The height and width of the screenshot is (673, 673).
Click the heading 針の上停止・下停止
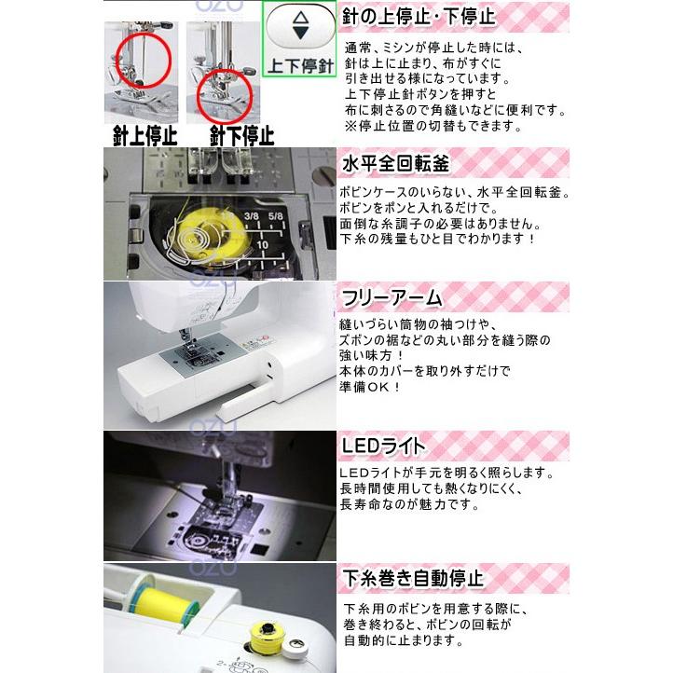[x=419, y=17]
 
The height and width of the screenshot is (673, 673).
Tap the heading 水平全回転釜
[x=395, y=163]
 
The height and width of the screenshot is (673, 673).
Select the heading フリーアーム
[x=391, y=297]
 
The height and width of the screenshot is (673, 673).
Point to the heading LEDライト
[x=383, y=446]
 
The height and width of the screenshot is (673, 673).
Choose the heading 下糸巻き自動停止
[x=413, y=578]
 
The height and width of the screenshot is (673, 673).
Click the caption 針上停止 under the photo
[x=144, y=136]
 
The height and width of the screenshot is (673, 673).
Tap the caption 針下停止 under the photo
[x=241, y=136]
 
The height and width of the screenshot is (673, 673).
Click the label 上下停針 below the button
[x=300, y=65]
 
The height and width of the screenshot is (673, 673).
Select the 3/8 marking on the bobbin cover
[x=252, y=216]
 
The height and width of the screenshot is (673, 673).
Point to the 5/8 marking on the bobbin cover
[x=276, y=216]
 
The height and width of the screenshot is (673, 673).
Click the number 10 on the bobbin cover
[x=262, y=244]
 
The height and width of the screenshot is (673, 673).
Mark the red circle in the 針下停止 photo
[x=224, y=97]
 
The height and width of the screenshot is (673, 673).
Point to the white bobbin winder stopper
[x=295, y=648]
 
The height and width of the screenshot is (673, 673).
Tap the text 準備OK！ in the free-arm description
[x=369, y=387]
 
